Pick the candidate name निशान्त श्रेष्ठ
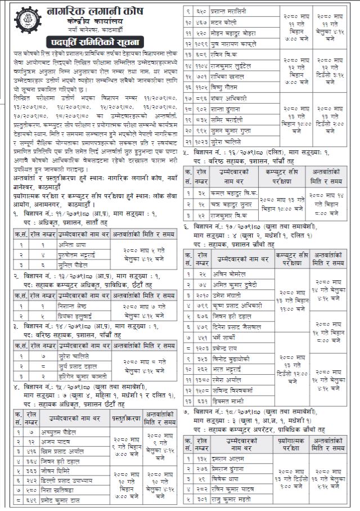[74, 306]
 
